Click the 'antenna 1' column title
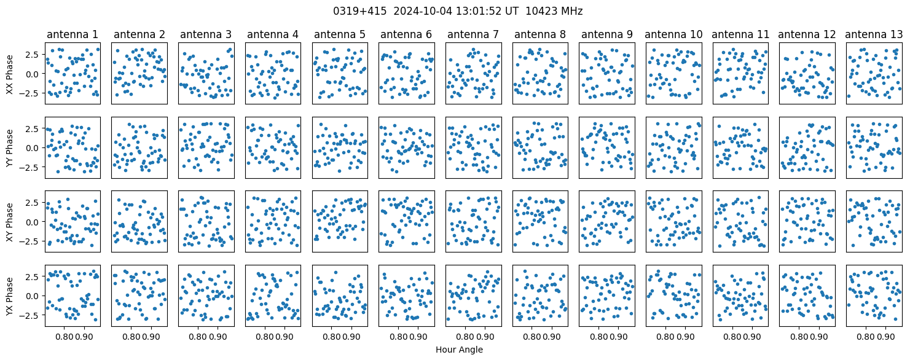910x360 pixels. click(x=73, y=34)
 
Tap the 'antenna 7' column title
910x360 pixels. click(x=473, y=34)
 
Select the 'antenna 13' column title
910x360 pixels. click(x=874, y=34)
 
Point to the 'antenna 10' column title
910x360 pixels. click(x=673, y=34)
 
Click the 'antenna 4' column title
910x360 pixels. click(x=273, y=34)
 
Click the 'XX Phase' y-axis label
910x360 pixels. click(x=10, y=74)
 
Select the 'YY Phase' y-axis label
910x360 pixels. click(x=10, y=148)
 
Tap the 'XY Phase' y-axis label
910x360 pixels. click(x=10, y=222)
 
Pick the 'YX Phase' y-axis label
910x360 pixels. click(x=10, y=295)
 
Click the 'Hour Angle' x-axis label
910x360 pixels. click(x=459, y=350)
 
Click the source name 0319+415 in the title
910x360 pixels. click(x=359, y=12)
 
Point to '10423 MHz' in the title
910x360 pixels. click(x=554, y=12)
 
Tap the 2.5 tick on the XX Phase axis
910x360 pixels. click(x=34, y=55)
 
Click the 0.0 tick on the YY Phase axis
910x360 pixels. click(x=34, y=148)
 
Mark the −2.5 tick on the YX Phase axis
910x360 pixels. click(x=31, y=315)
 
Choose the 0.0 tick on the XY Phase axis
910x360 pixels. click(x=34, y=222)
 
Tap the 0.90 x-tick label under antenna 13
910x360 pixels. click(x=886, y=337)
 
